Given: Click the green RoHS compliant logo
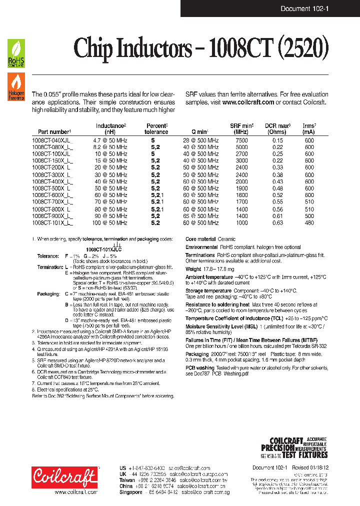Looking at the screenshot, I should (x=16, y=54).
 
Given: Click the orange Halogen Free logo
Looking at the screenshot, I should (x=16, y=86).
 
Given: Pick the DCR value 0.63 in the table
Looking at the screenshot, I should (x=277, y=223).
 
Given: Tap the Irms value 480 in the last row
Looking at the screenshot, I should (x=309, y=223).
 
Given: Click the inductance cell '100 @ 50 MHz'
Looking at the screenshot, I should (x=110, y=223).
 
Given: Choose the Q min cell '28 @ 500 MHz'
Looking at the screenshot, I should (x=200, y=141).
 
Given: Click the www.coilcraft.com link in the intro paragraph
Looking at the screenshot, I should (x=248, y=102).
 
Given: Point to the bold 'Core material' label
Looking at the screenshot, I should (x=200, y=239).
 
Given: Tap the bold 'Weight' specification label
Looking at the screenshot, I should (x=193, y=269).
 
